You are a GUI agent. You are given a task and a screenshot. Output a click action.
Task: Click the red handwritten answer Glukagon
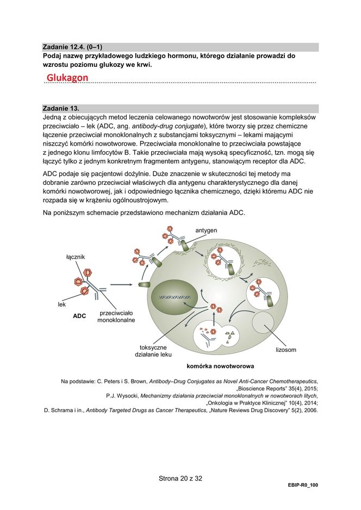pos(67,78)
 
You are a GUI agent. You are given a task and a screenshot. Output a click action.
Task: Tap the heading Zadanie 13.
pos(61,108)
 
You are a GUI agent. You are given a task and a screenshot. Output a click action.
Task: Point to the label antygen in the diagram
pos(206,231)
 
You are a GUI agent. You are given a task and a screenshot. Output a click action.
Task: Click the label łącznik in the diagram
pos(75,256)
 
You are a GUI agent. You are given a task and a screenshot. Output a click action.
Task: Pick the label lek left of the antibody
pos(62,304)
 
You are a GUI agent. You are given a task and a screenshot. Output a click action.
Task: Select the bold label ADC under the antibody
pos(79,316)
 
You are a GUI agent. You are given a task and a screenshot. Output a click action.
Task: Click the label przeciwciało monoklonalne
pos(116,317)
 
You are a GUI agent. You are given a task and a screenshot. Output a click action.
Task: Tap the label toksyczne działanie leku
pos(153,351)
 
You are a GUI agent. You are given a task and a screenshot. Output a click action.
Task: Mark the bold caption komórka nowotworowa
pos(220,366)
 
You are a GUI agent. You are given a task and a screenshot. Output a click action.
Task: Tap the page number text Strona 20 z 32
pos(180,478)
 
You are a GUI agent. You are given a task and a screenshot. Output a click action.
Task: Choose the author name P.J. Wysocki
pos(122,396)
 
